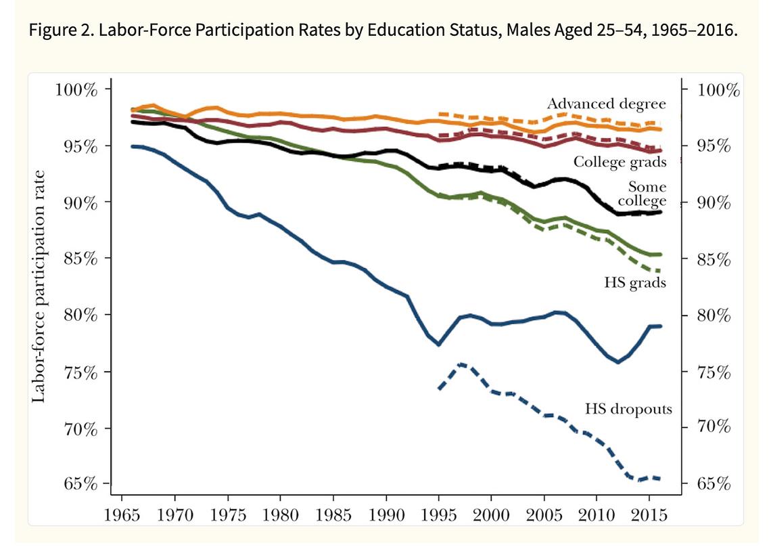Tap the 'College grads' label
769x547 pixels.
(x=620, y=162)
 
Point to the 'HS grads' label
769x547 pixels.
(x=635, y=282)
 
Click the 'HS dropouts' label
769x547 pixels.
(x=628, y=409)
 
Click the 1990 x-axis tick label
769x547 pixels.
(x=386, y=513)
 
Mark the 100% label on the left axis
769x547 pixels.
(x=76, y=90)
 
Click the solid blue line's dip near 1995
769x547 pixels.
(x=439, y=345)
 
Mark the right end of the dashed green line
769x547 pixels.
(x=658, y=271)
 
